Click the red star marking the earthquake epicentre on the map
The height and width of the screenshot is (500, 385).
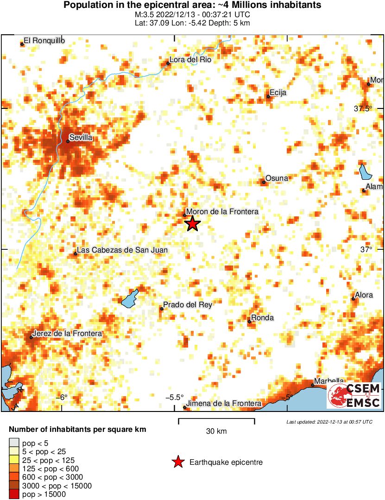(192, 224)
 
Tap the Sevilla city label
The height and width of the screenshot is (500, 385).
(81, 138)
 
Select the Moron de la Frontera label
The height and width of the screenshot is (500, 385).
(222, 211)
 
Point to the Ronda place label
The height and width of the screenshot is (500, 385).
(263, 318)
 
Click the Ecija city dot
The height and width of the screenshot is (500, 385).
(268, 96)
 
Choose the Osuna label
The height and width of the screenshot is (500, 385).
(277, 178)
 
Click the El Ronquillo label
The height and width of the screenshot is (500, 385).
(44, 40)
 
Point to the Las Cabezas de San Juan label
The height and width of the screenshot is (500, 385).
(122, 250)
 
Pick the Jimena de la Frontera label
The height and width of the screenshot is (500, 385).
(224, 404)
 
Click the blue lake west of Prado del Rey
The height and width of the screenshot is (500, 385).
(130, 298)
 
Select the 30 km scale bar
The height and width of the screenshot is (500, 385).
(216, 421)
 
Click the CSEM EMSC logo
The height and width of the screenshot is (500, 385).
(354, 396)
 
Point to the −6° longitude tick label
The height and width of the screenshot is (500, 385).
(62, 397)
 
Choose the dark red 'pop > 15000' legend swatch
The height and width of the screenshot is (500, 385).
(14, 494)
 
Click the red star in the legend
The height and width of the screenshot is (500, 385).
(177, 462)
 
